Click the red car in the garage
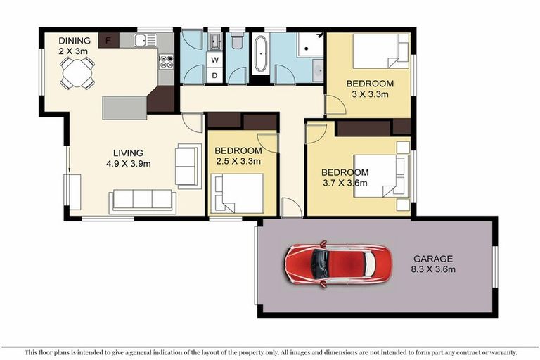(x=335, y=264)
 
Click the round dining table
(x=76, y=71)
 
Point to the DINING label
(x=75, y=41)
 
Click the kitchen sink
(x=146, y=41)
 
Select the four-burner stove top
(x=167, y=62)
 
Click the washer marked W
(x=214, y=59)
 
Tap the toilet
(x=237, y=41)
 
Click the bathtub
(x=259, y=53)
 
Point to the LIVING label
(x=129, y=153)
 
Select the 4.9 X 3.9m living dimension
(x=129, y=163)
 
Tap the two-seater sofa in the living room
(x=186, y=165)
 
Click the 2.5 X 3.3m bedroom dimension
(x=238, y=161)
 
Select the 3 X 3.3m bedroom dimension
(x=369, y=94)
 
